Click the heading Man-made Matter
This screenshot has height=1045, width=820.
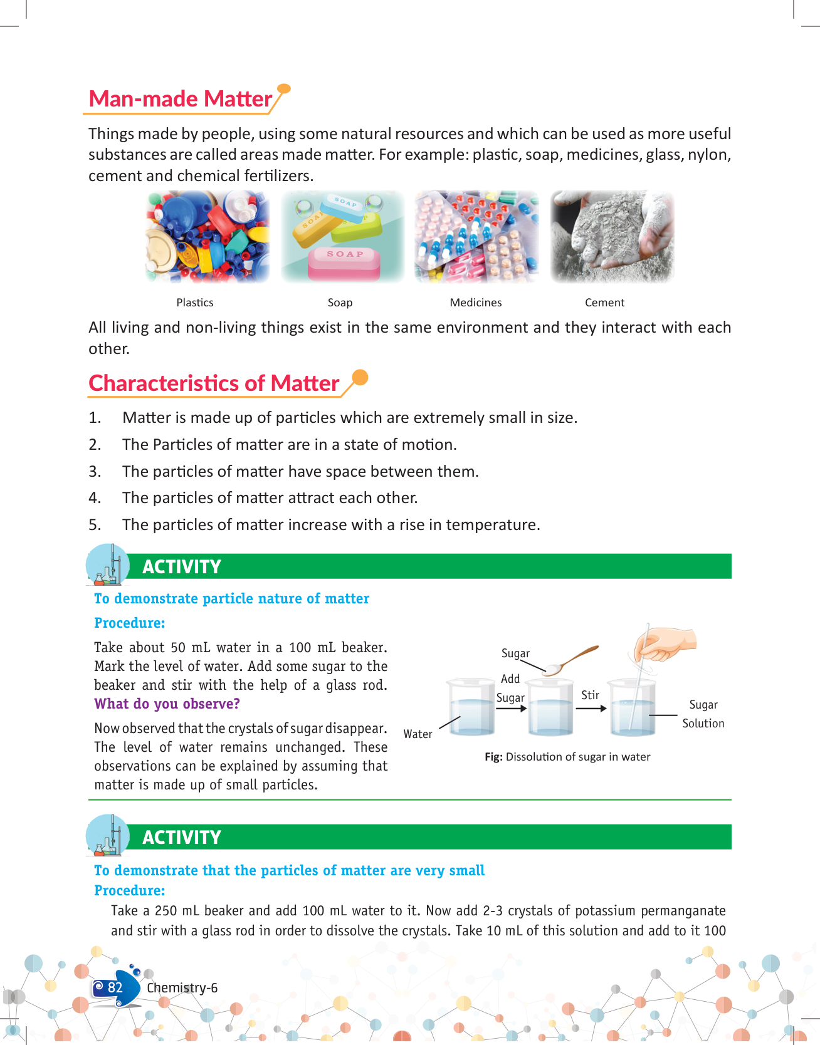(181, 99)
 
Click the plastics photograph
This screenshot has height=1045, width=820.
(208, 237)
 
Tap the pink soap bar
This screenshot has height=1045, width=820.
(344, 263)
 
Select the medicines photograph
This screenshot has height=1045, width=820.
(476, 237)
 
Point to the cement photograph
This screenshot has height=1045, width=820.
(612, 237)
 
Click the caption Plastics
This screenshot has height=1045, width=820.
(195, 303)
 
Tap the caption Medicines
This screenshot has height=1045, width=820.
(476, 303)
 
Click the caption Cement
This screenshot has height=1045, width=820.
(604, 303)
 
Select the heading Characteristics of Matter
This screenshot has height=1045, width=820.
(214, 383)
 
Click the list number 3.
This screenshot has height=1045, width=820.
(95, 471)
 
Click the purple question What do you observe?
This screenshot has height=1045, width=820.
(167, 704)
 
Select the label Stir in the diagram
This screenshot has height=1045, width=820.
(590, 695)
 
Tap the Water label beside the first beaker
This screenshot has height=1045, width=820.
(418, 734)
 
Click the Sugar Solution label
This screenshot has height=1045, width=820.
(703, 714)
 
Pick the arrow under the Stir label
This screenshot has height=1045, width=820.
(591, 709)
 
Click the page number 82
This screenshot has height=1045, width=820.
(115, 987)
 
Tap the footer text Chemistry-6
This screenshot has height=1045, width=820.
(182, 988)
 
